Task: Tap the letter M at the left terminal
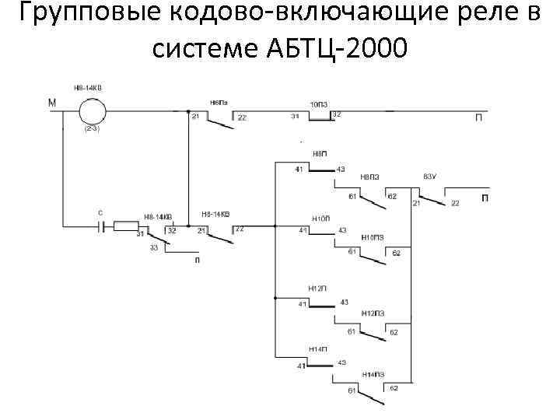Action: [x=51, y=103]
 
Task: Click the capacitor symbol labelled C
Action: [x=100, y=226]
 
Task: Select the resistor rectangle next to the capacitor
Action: [x=126, y=226]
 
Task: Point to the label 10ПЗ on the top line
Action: [x=319, y=103]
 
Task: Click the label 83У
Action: [x=430, y=177]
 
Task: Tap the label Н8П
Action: [x=320, y=154]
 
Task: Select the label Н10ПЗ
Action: [x=373, y=237]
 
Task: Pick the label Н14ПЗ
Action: [x=371, y=374]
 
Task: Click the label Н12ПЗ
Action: [x=372, y=313]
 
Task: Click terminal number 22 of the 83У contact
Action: [x=456, y=204]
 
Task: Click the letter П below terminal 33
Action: [x=197, y=261]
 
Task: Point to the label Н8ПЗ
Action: [x=370, y=177]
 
